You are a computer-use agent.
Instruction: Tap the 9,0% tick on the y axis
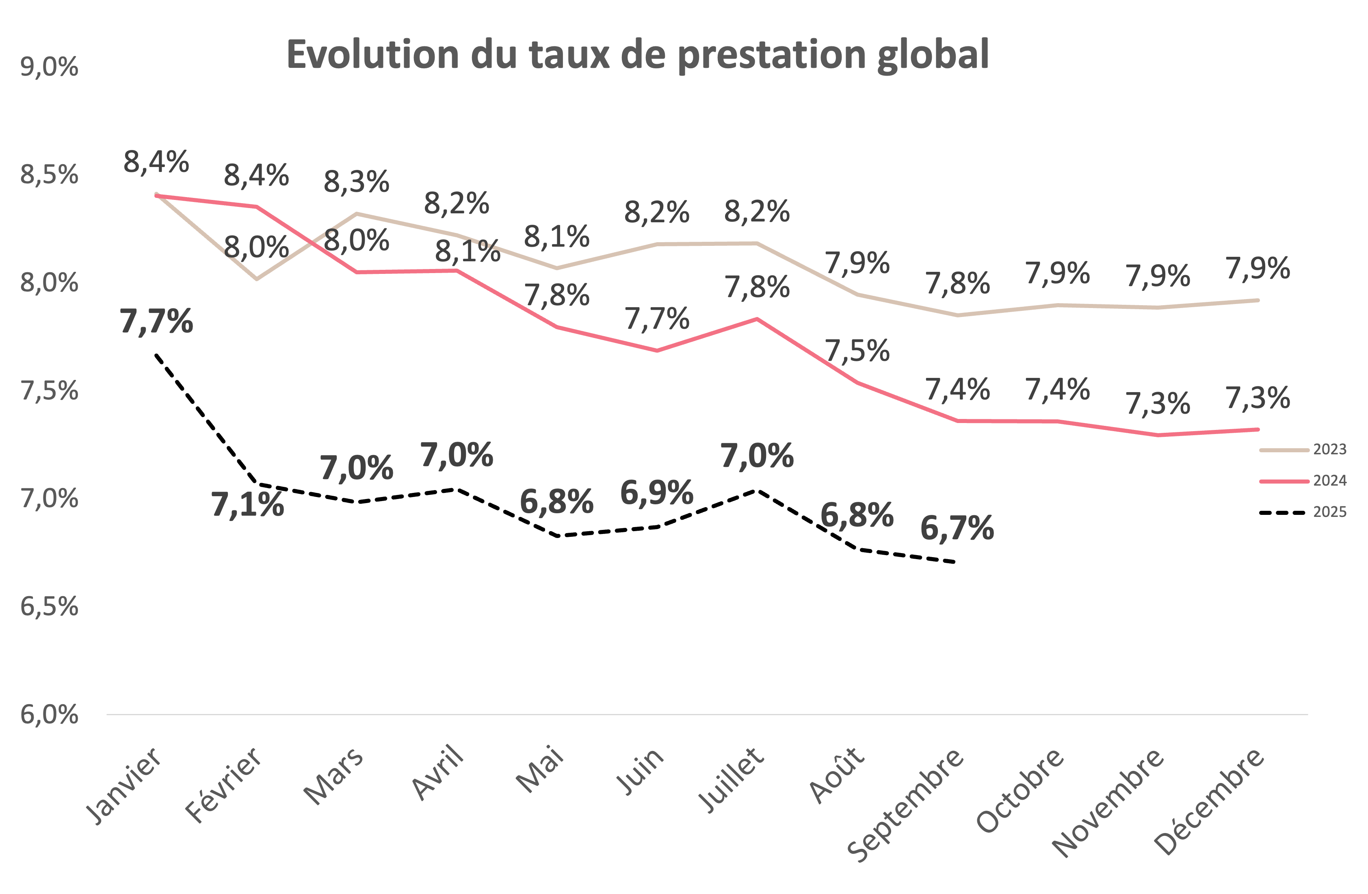coord(49,67)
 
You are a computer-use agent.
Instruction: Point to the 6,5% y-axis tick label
coord(49,607)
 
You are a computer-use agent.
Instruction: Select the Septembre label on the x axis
coord(907,805)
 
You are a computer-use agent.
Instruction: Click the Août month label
coord(838,775)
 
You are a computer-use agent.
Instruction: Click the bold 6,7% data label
coord(957,528)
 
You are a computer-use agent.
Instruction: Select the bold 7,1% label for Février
coord(247,505)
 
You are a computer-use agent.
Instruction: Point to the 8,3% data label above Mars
coord(356,182)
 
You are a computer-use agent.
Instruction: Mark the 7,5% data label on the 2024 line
coord(857,351)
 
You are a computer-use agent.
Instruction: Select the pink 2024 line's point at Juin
coord(657,351)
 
